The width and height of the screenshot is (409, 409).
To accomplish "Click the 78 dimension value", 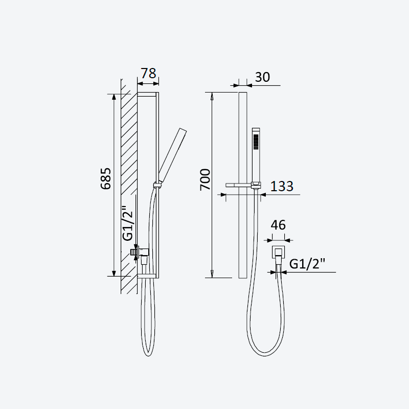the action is (x=148, y=73).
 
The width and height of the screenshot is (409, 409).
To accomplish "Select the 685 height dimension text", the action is (x=106, y=178).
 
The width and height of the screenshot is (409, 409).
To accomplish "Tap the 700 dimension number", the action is (x=205, y=180).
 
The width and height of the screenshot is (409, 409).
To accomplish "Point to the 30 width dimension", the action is (x=262, y=77).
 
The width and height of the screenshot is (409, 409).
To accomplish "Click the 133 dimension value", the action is (x=282, y=186).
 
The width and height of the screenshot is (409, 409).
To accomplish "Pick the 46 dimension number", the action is (x=278, y=225).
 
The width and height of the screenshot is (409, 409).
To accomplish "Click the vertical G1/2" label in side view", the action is (x=128, y=223).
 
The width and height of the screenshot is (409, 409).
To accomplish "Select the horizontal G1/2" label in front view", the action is (x=308, y=264).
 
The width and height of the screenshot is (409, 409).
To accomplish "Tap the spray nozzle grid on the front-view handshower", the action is (x=256, y=142).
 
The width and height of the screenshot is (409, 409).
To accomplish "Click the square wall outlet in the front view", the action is (x=278, y=252).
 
